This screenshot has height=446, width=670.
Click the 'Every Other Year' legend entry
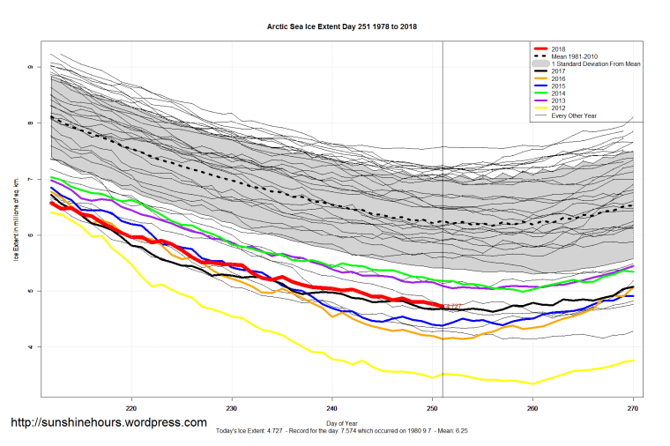573,115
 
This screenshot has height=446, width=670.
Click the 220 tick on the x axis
132,408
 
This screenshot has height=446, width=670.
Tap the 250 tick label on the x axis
433,408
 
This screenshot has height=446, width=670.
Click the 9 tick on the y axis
30,67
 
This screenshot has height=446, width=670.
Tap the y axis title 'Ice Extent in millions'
15,229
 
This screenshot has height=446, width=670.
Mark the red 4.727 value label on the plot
453,307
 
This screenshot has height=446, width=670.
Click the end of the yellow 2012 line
633,360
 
